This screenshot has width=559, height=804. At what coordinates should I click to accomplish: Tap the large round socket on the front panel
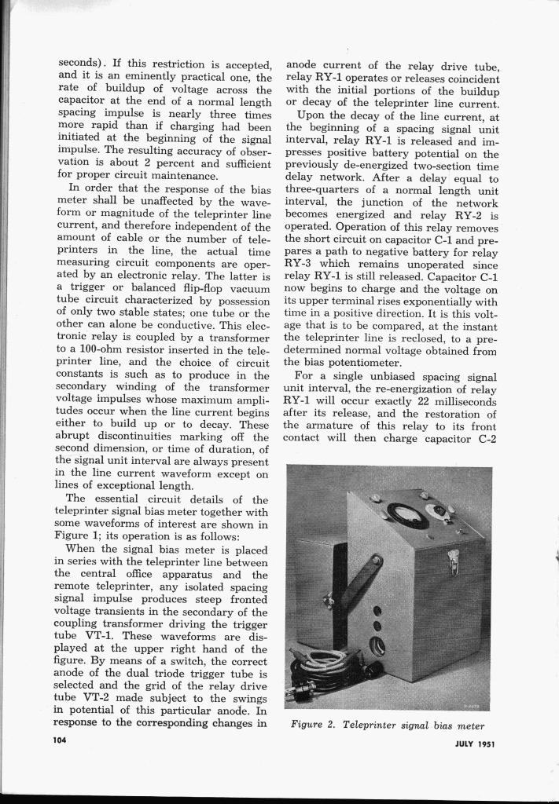coord(377,646)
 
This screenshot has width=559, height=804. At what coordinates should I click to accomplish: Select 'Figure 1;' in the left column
coord(84,535)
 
